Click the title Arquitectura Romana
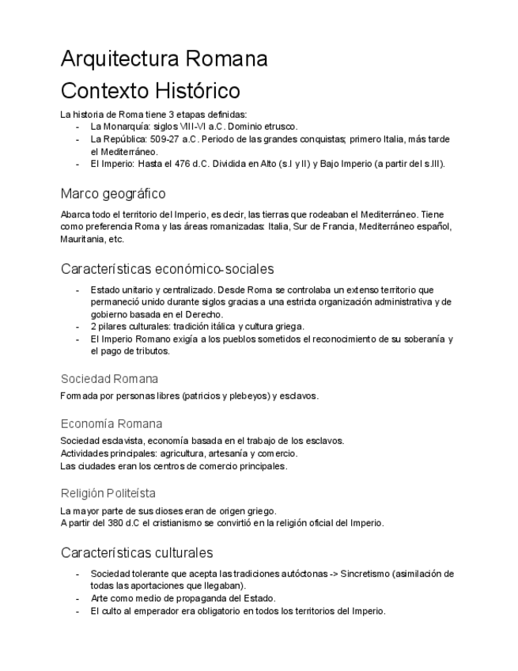pos(164,59)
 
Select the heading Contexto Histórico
pos(150,90)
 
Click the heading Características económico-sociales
pos(167,268)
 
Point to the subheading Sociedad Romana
pos(109,378)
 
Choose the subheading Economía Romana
pos(112,423)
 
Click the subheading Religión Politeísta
pos(108,493)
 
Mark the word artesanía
pos(227,453)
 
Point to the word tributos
pos(150,351)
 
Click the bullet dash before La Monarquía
pos(78,127)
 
